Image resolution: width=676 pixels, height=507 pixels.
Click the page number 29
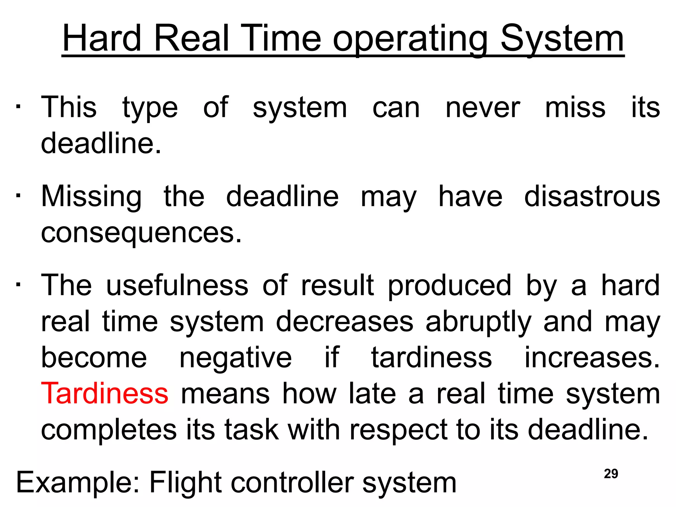(611, 474)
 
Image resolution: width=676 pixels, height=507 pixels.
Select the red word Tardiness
(104, 393)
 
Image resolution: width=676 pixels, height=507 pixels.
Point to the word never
(483, 108)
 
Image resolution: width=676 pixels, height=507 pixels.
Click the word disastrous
(592, 196)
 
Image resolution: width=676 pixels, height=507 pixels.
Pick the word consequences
(141, 233)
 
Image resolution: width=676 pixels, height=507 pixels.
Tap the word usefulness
(177, 285)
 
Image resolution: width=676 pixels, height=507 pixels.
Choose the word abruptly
(478, 322)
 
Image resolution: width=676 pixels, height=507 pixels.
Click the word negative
(235, 357)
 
